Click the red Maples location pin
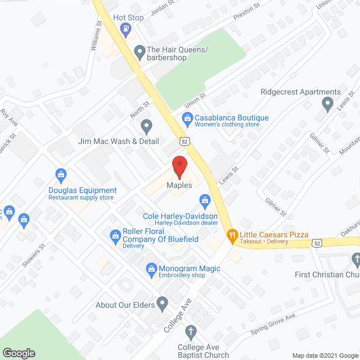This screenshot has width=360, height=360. coord(179,167)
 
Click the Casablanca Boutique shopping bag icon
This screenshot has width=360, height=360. coord(186,118)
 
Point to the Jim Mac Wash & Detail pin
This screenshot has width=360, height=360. coord(146,126)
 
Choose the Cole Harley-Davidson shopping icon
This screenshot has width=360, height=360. coord(205,200)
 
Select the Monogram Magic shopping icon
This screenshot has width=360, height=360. coord(151,269)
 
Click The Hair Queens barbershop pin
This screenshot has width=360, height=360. coord(139,53)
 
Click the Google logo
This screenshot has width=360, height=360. coord(18,353)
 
